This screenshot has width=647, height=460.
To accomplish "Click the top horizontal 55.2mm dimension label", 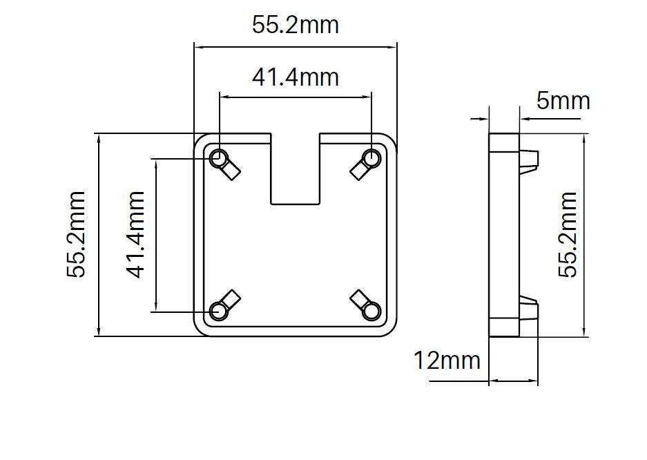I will tap(295, 26).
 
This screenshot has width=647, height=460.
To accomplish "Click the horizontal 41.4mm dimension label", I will tap(295, 77).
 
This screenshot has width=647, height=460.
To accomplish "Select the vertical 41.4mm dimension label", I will tap(136, 235).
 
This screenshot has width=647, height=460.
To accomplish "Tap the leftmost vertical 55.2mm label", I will tap(76, 235).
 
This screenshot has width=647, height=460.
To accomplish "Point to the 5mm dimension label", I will tap(563, 101).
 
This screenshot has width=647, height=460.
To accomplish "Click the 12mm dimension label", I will tap(447, 360).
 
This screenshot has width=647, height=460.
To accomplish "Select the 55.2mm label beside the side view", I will tap(567, 235).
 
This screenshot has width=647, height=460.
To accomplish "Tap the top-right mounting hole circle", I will tap(372, 158).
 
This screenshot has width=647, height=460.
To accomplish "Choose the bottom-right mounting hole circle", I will tap(372, 312).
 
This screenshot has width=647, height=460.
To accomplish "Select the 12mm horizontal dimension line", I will tap(513, 381).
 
